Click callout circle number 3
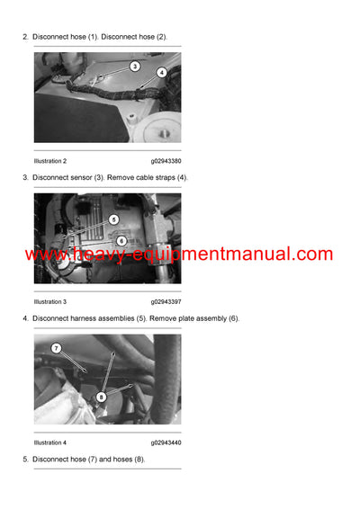click(x=134, y=66)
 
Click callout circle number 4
click(x=161, y=72)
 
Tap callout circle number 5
click(x=113, y=219)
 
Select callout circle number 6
click(x=121, y=240)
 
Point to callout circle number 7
click(x=55, y=348)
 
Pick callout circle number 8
click(x=102, y=395)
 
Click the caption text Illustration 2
click(x=50, y=161)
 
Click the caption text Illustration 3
click(x=50, y=301)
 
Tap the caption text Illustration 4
click(x=50, y=442)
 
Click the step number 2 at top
click(x=24, y=37)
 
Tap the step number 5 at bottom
click(x=24, y=460)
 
